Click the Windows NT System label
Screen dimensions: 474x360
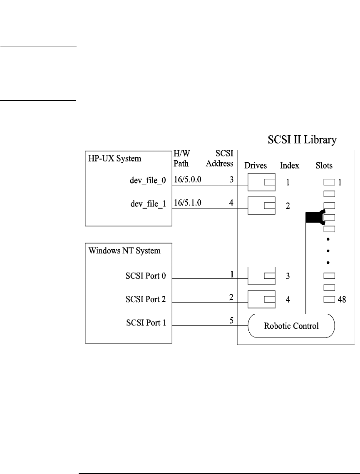(x=124, y=251)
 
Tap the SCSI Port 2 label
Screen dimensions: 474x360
(x=146, y=299)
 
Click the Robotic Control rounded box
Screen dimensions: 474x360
(x=291, y=325)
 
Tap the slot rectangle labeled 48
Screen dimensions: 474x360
(x=329, y=299)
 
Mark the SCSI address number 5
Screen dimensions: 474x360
(x=231, y=321)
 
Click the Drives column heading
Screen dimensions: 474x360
(x=256, y=165)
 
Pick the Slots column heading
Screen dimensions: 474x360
(x=324, y=165)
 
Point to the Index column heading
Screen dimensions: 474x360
(x=290, y=165)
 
